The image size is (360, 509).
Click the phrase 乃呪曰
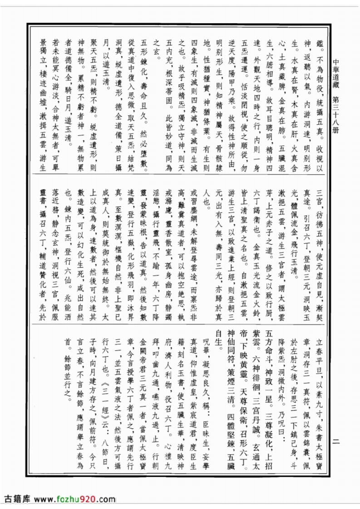point(293,416)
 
